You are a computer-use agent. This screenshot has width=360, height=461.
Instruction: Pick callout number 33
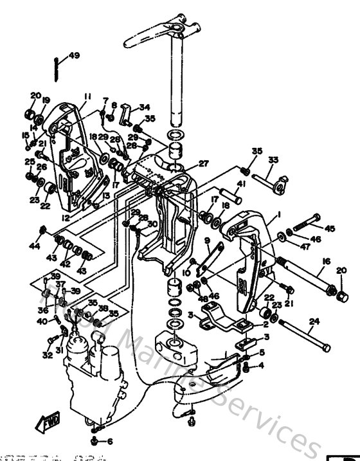click(x=273, y=159)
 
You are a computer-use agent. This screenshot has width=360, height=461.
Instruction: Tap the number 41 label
click(x=241, y=184)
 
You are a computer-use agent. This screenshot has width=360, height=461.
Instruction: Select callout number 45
click(x=330, y=228)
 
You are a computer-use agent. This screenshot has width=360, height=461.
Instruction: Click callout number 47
click(x=304, y=247)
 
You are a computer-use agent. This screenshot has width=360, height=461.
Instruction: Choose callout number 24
click(x=314, y=321)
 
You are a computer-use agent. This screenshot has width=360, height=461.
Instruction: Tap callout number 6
click(x=109, y=442)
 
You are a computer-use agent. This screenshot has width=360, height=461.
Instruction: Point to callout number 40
click(x=40, y=321)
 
